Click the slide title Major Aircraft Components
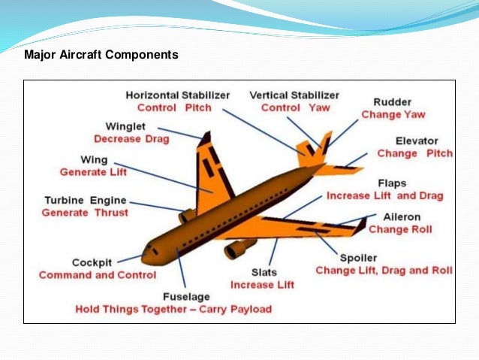click(x=101, y=55)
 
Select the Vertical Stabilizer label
click(x=294, y=95)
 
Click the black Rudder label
click(x=392, y=102)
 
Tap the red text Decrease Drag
click(x=131, y=139)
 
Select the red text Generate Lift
click(x=93, y=172)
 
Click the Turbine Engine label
click(x=85, y=201)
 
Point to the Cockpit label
click(x=92, y=262)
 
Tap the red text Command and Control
click(x=98, y=275)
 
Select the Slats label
click(x=264, y=271)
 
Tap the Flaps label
click(x=393, y=183)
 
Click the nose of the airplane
click(x=146, y=257)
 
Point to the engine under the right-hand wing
click(x=239, y=248)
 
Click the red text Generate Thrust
click(x=85, y=213)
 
